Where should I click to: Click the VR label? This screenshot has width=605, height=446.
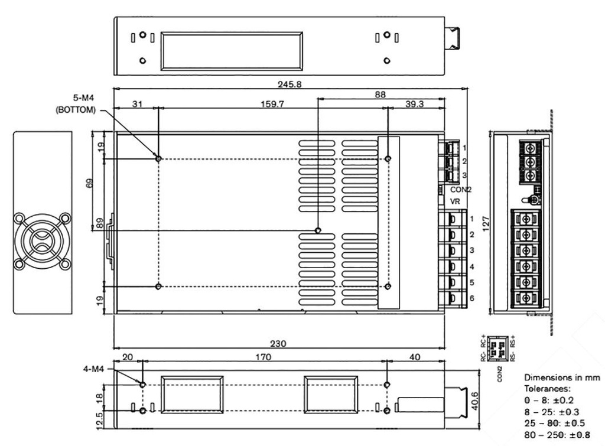(x=455, y=201)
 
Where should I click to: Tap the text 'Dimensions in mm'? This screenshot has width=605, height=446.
(x=561, y=378)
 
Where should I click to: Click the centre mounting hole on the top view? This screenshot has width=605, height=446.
(x=318, y=230)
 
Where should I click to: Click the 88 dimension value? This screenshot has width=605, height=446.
(x=381, y=93)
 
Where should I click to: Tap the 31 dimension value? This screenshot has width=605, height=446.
(x=136, y=104)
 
